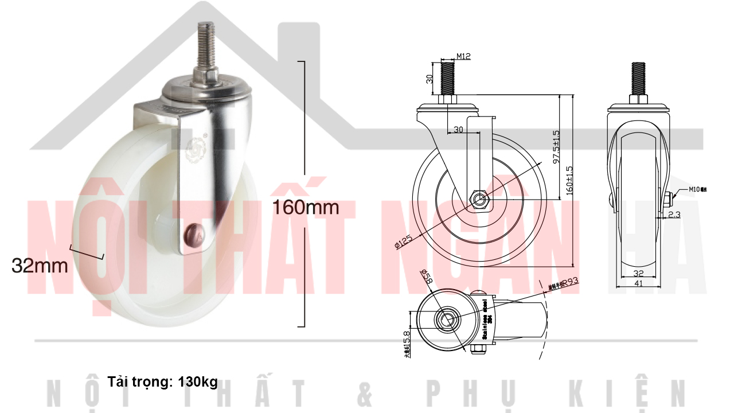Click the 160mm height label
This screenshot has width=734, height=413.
pyautogui.click(x=305, y=206)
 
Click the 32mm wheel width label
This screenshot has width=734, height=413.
pyautogui.click(x=40, y=266)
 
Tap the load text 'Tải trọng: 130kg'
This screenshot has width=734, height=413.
pyautogui.click(x=162, y=381)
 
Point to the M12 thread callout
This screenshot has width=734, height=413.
pyautogui.click(x=463, y=56)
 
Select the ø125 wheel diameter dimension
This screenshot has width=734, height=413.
pyautogui.click(x=404, y=243)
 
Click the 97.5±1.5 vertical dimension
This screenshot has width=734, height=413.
pyautogui.click(x=556, y=147)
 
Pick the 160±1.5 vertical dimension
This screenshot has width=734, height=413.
pyautogui.click(x=569, y=181)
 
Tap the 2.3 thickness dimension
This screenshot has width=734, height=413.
pyautogui.click(x=674, y=214)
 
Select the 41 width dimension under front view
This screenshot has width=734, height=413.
pyautogui.click(x=638, y=283)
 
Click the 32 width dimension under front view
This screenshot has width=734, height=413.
pyautogui.click(x=638, y=274)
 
